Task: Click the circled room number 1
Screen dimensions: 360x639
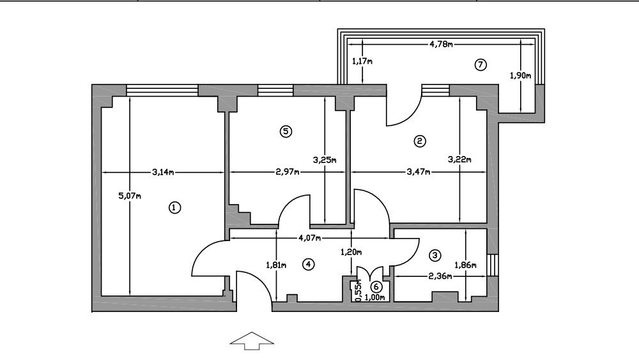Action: point(173,207)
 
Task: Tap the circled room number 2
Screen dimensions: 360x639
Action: point(420,141)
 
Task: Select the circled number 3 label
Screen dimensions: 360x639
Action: point(435,255)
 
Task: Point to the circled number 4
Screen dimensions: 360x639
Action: point(309,264)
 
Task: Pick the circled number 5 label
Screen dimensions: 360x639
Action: point(286,131)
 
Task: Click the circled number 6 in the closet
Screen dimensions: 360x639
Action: point(376,287)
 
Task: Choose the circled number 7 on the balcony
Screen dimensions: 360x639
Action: point(481,64)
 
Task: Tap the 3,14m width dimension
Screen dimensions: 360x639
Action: point(164,171)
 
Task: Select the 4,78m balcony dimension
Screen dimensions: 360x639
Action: point(441,44)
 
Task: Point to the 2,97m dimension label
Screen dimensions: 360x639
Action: point(288,171)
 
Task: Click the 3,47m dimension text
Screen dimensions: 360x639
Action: point(419,171)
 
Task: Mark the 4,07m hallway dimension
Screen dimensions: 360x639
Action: point(311,239)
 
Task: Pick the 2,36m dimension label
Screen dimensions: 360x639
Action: point(440,277)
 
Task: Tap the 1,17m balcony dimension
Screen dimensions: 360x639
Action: point(362,61)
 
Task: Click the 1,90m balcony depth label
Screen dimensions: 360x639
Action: point(520,75)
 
